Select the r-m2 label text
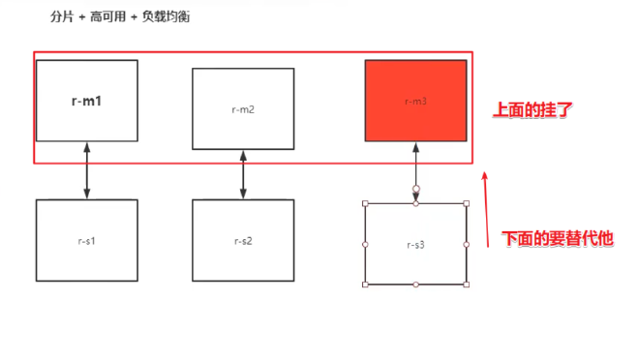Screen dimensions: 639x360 (243, 109)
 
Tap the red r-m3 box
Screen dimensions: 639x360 (416, 101)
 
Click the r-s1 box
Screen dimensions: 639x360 (87, 240)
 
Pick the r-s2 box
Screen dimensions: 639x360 (243, 240)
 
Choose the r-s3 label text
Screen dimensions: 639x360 (416, 245)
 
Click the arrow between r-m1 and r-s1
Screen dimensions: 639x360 (87, 170)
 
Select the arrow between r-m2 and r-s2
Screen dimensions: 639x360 (243, 174)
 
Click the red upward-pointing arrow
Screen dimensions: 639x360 (487, 208)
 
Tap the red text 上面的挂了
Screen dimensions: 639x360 (533, 110)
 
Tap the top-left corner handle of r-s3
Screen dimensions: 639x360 (365, 203)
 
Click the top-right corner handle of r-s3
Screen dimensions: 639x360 (467, 203)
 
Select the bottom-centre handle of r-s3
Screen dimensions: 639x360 (416, 285)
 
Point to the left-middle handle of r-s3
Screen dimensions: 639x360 (365, 244)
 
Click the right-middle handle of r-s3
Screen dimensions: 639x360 (467, 244)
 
